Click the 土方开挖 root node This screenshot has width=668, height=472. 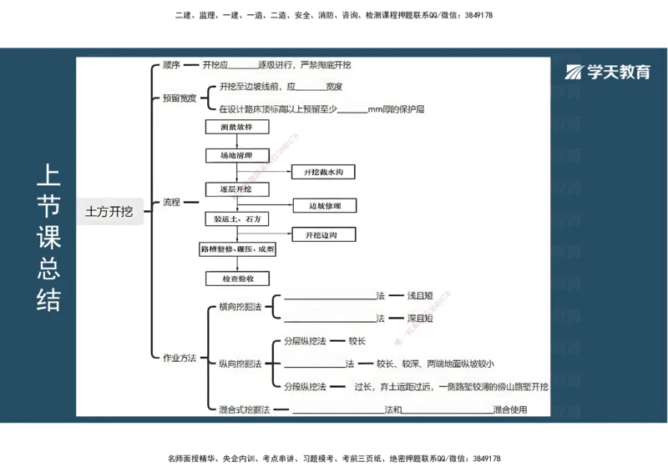click(109, 212)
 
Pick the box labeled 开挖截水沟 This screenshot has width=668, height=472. click(324, 173)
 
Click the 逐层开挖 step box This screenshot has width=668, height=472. click(237, 189)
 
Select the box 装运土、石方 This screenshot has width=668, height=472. click(237, 218)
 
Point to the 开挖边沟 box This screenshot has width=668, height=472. click(324, 235)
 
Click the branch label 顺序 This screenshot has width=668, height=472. click(172, 65)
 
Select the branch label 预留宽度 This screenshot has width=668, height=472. click(180, 98)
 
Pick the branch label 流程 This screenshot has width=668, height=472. click(171, 202)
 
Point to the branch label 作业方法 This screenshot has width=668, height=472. click(179, 358)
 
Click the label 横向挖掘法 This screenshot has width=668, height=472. click(240, 307)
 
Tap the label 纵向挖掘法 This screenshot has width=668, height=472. click(240, 364)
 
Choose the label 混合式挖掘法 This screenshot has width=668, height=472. click(242, 409)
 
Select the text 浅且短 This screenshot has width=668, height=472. click(420, 296)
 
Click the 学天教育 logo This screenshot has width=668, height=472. click(608, 73)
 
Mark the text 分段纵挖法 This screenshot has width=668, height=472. click(305, 387)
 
